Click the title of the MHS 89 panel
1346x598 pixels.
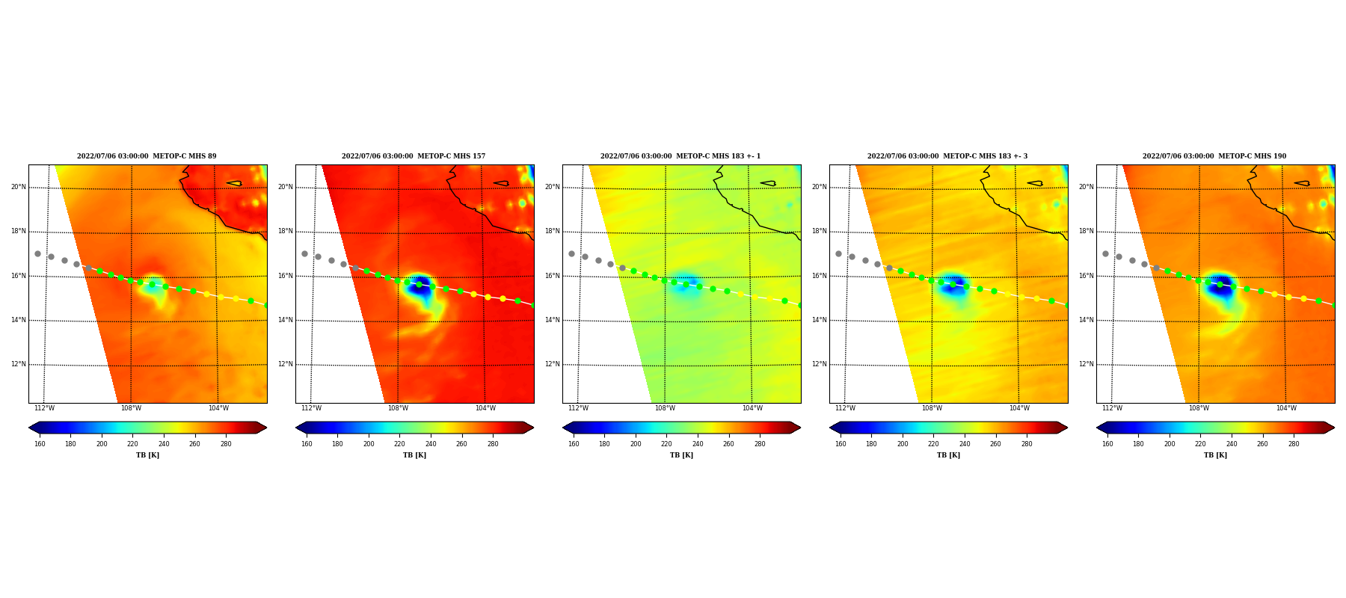point(147,156)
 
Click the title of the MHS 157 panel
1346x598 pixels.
point(414,156)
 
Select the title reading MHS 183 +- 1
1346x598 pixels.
point(680,156)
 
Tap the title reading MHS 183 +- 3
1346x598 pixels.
point(947,156)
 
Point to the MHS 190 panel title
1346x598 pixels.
point(1214,156)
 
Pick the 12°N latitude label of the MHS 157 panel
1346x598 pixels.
point(285,365)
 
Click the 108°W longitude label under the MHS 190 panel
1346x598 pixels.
point(1199,408)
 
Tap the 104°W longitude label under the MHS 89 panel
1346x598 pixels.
point(218,408)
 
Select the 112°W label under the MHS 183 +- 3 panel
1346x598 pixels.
point(845,408)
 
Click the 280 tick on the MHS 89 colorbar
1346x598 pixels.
point(226,444)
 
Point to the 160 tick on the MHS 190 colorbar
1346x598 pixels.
point(1107,444)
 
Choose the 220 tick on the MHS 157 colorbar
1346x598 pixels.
point(399,444)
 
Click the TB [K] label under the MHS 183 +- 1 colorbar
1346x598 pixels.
point(681,455)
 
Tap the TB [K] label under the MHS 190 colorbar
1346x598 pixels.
point(1215,455)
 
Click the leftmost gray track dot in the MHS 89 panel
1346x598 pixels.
point(37,253)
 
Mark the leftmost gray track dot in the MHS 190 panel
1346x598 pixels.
point(1105,253)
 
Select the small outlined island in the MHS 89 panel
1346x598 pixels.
point(234,183)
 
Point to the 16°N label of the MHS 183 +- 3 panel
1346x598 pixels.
point(819,276)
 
